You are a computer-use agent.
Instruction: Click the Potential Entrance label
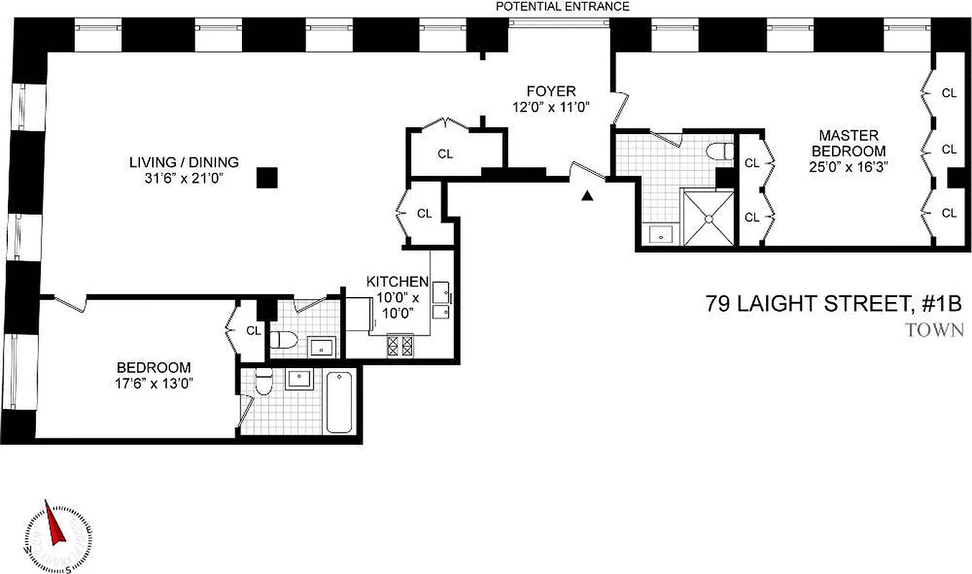[563, 6]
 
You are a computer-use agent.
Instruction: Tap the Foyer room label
[551, 91]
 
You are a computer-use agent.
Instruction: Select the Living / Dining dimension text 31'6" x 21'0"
[184, 179]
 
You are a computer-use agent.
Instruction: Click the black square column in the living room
[267, 177]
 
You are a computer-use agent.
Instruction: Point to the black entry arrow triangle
[588, 196]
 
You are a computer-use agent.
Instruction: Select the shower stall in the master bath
[708, 217]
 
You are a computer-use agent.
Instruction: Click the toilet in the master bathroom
[719, 151]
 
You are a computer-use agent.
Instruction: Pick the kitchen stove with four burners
[401, 346]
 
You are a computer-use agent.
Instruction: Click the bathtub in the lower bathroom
[340, 402]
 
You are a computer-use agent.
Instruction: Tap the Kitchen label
[397, 281]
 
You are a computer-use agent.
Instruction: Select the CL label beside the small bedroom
[253, 331]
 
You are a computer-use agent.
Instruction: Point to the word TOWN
[934, 331]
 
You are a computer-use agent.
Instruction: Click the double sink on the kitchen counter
[440, 302]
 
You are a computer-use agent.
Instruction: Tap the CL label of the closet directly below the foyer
[445, 154]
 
